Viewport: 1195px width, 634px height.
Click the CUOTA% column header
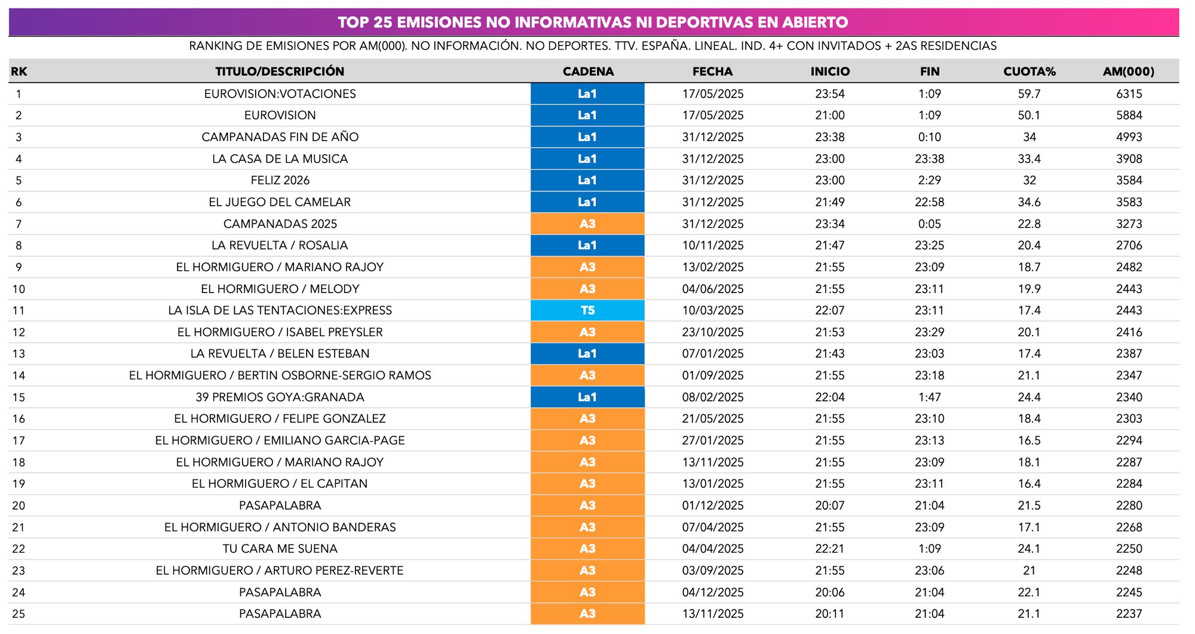[x=1029, y=71]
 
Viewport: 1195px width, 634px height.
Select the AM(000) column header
[x=1128, y=71]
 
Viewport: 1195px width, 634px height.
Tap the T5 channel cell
[x=587, y=310]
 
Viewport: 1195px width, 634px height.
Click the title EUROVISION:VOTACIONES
[x=280, y=94]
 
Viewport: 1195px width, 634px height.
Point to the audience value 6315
[x=1129, y=94]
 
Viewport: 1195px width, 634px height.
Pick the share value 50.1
[x=1029, y=115]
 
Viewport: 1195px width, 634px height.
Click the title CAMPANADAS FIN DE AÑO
[x=280, y=137]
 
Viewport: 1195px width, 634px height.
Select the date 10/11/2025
[x=713, y=245]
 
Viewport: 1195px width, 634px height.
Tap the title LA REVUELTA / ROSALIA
[x=280, y=245]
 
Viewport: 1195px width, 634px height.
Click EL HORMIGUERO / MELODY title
[x=280, y=289]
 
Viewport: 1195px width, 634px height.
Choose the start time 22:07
[x=830, y=310]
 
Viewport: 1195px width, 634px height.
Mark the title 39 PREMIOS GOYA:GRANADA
[x=280, y=397]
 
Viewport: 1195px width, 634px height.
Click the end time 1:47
[x=930, y=397]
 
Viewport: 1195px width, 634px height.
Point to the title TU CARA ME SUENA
[x=280, y=548]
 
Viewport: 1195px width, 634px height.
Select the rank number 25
[x=19, y=614]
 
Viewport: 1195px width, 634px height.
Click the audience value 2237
[x=1129, y=614]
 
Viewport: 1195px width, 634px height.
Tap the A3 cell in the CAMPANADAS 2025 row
[x=587, y=224]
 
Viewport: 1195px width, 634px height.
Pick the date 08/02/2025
[x=713, y=397]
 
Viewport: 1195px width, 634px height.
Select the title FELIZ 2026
[x=280, y=180]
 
